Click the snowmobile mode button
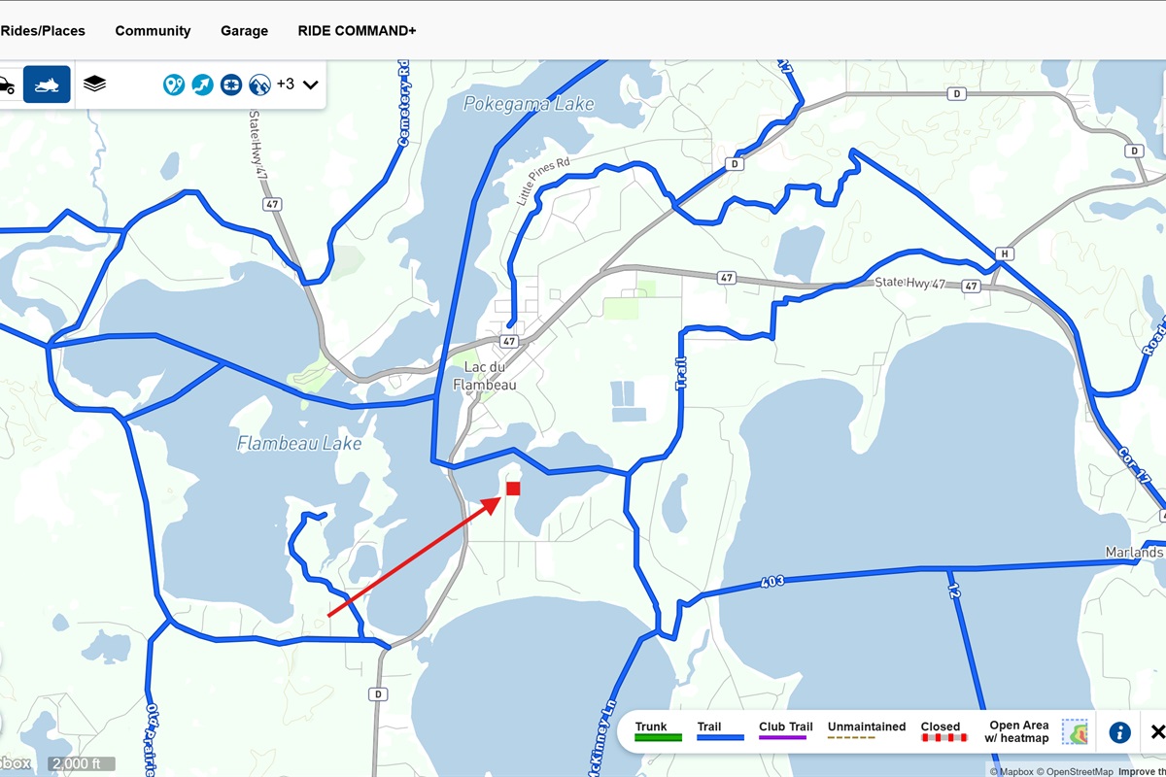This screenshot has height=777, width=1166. click(x=47, y=84)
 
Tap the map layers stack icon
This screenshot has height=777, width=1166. click(x=94, y=84)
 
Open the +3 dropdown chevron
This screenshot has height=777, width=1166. click(x=311, y=84)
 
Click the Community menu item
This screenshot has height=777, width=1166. click(x=153, y=31)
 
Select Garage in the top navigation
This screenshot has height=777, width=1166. click(x=244, y=31)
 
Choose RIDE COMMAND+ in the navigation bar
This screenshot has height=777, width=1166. click(x=357, y=31)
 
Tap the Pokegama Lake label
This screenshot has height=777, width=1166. click(x=529, y=104)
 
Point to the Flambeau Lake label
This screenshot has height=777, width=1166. click(x=299, y=444)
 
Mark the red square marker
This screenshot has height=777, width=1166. click(x=513, y=489)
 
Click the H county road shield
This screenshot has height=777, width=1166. click(x=1005, y=254)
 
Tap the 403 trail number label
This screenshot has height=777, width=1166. click(x=772, y=582)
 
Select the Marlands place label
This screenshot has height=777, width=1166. click(x=1134, y=553)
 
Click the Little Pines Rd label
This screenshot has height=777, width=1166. click(x=542, y=182)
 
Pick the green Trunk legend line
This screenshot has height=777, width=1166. click(x=658, y=738)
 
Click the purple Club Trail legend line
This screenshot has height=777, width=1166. click(x=783, y=738)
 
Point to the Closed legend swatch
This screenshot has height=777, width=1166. click(x=943, y=738)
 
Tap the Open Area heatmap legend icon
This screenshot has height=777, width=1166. click(x=1076, y=732)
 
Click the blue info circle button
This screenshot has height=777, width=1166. click(x=1119, y=732)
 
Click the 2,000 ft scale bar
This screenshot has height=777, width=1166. click(x=81, y=763)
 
